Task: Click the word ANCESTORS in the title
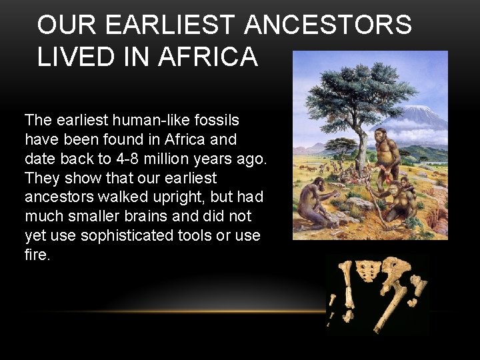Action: (x=328, y=25)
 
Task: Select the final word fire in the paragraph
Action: (x=37, y=255)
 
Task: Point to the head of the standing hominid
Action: (x=382, y=137)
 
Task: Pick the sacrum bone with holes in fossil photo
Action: (x=365, y=271)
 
